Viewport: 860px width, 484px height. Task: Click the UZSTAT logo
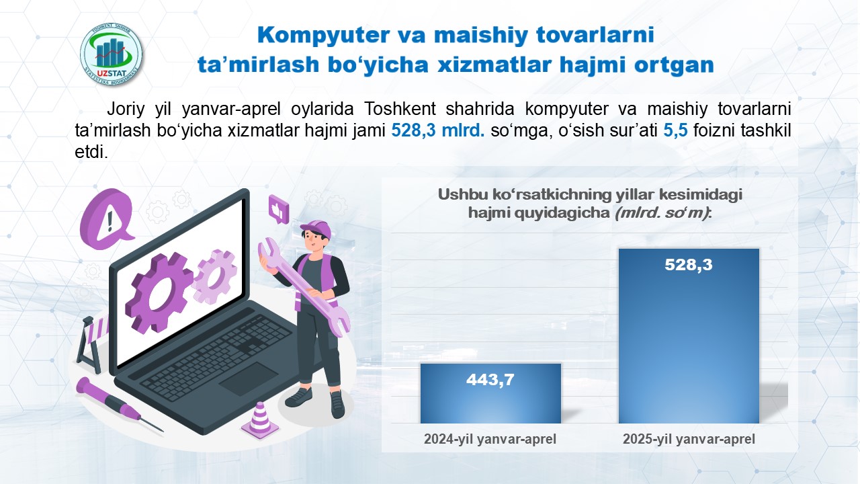112,54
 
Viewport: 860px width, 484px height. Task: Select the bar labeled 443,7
490,393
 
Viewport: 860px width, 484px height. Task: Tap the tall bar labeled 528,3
689,336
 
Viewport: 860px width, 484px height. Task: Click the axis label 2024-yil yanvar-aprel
490,439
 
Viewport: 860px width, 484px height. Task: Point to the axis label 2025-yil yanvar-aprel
689,439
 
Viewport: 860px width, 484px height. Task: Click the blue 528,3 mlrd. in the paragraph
437,130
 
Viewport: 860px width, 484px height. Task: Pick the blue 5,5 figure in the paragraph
675,130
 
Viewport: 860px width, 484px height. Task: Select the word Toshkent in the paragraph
400,109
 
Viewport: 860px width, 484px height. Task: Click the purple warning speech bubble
107,218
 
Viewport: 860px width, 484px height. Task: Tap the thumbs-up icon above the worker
279,208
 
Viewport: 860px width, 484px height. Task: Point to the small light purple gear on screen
214,276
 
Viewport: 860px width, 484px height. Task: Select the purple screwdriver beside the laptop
120,404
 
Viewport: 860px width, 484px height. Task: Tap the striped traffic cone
260,420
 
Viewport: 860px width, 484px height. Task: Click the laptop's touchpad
249,378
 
